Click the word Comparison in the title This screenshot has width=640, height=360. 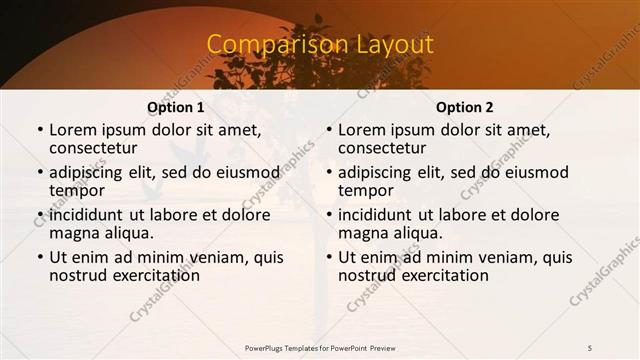(x=267, y=45)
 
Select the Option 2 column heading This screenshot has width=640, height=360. (x=464, y=107)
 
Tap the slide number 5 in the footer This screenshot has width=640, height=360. (x=589, y=346)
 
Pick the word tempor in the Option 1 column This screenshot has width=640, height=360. (x=77, y=191)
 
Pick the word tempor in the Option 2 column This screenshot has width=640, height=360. (x=366, y=191)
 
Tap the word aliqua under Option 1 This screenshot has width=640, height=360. (x=130, y=233)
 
